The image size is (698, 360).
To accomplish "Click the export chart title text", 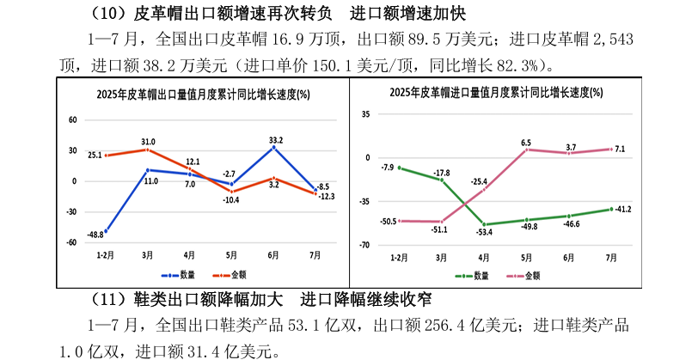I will coord(202,94).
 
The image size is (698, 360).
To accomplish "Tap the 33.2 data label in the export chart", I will coord(276,139).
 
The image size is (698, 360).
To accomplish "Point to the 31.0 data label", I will coord(149,142).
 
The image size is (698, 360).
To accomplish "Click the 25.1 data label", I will coord(95,155).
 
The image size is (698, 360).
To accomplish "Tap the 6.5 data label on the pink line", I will coord(526,143).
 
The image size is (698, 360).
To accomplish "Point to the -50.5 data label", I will coord(388,221).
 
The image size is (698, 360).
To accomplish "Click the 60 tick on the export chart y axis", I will coord(73,120).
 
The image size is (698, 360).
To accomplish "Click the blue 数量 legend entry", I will coord(181,275).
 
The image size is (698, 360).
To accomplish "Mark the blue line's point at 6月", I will coord(274,148).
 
